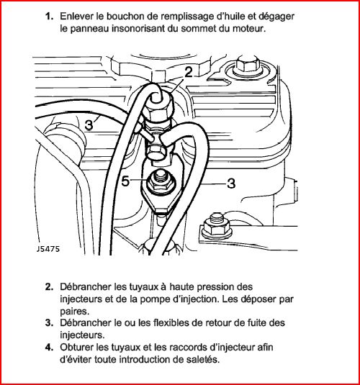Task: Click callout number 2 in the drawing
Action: tap(189, 73)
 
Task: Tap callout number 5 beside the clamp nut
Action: tap(125, 181)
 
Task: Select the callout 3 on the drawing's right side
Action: tap(231, 184)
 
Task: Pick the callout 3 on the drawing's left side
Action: tap(89, 125)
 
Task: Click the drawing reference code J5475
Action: tap(48, 249)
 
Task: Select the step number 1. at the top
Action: tap(49, 17)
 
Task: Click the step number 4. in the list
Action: tap(49, 348)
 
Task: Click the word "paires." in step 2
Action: tap(74, 312)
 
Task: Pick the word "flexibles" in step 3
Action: tap(171, 322)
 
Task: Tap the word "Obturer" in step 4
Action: tap(76, 347)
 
